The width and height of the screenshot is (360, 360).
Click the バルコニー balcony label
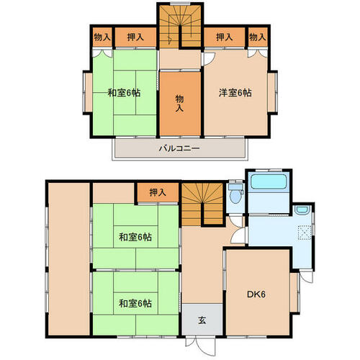(179, 148)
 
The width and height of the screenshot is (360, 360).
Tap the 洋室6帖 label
(235, 93)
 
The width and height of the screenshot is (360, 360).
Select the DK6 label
(256, 294)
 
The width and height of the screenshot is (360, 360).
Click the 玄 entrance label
(202, 320)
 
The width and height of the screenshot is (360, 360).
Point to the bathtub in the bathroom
(269, 181)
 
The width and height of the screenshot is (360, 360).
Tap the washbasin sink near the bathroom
(302, 210)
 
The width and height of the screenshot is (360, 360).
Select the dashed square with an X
(305, 233)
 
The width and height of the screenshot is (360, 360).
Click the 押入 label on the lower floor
(158, 192)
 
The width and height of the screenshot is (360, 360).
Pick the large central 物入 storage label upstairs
(179, 104)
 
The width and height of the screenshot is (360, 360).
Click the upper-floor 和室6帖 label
(124, 93)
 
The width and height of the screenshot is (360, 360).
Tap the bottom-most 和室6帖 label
(135, 304)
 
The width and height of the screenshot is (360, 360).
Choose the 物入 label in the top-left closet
(102, 37)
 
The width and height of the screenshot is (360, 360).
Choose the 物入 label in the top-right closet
(258, 37)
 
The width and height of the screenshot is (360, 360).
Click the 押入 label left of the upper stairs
(135, 37)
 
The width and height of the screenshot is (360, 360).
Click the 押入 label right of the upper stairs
(224, 37)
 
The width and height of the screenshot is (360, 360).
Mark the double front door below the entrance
(201, 345)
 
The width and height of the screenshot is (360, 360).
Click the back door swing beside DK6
(307, 276)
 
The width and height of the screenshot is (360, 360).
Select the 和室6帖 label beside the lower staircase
(135, 238)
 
